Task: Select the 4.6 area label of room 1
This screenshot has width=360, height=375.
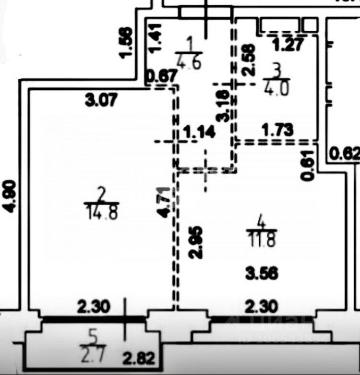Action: pos(190,61)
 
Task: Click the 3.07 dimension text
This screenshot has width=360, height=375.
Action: pos(101,101)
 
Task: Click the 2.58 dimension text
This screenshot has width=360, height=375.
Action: pos(249,59)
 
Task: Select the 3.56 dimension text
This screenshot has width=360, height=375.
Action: pos(263,274)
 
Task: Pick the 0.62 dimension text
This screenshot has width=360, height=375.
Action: pos(344,154)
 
